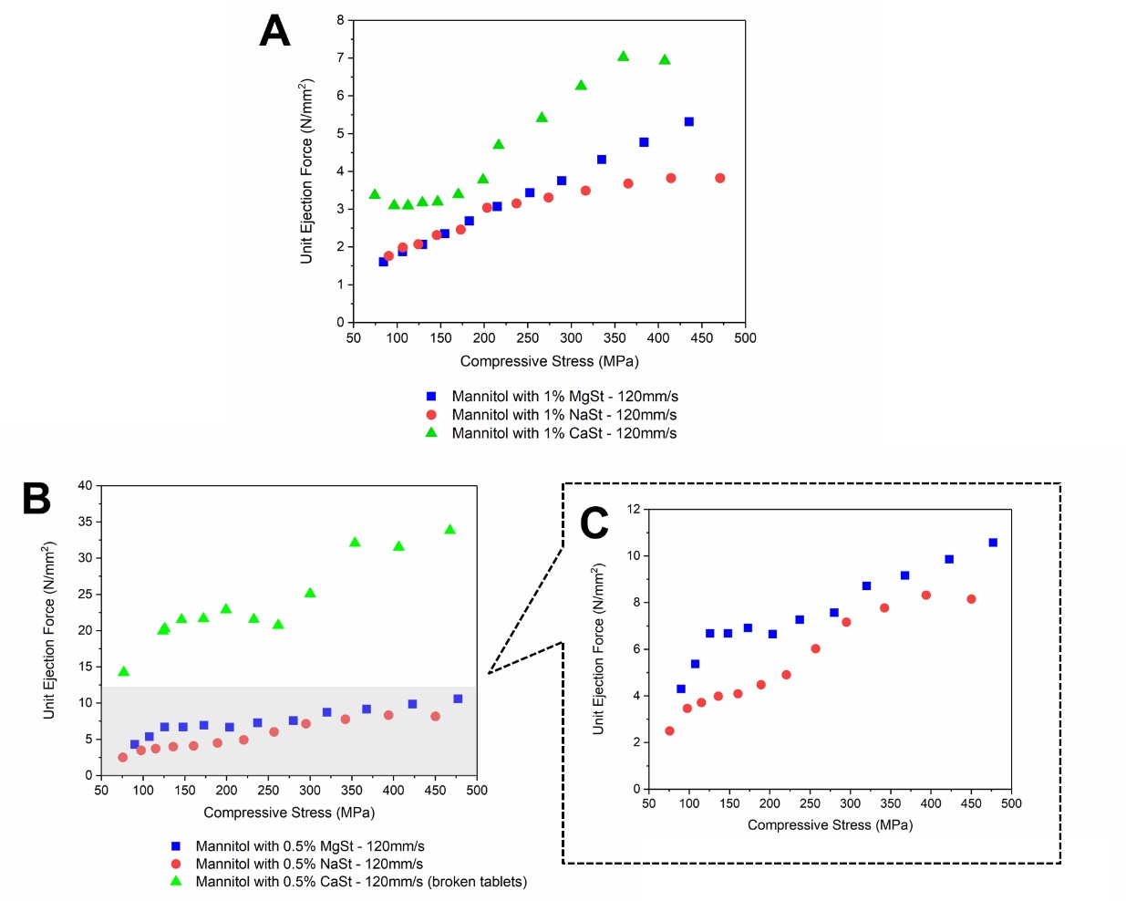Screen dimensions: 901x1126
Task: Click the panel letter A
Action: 274,31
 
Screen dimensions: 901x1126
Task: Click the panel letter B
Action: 36,498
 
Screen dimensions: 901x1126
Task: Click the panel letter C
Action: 594,523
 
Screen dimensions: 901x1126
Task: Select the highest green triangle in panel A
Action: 624,57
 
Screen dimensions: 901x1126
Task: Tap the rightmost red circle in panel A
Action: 720,178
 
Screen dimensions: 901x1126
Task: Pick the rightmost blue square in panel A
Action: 689,121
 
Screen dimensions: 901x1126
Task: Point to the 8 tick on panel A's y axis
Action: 340,20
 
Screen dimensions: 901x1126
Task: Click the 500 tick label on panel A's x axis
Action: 745,337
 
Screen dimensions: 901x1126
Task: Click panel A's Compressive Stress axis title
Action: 549,361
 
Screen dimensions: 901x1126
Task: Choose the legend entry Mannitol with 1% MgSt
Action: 564,397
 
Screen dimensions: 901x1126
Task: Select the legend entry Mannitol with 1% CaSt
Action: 563,433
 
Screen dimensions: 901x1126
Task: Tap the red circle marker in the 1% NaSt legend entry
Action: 431,415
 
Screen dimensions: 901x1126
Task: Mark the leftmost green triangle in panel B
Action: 124,672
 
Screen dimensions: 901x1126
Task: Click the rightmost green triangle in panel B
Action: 449,530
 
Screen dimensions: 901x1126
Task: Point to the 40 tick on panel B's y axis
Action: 85,485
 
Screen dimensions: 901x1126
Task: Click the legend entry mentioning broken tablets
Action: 361,882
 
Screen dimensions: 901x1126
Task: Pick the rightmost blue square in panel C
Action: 993,543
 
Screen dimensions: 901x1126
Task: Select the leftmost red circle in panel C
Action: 669,730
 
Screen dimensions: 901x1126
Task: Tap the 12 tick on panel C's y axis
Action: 634,509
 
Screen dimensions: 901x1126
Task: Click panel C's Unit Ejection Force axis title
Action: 598,648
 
